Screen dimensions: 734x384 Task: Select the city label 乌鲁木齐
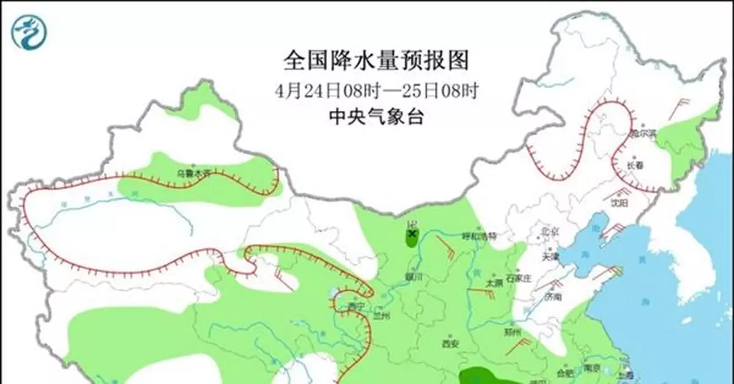coord(194,174)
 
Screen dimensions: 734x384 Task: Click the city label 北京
coord(550,231)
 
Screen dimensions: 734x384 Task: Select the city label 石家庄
coord(530,279)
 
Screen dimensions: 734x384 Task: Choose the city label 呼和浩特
coord(480,236)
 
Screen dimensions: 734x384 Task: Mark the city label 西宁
coord(355,306)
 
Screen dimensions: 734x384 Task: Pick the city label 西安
coord(450,344)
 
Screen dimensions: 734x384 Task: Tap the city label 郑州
coord(513,332)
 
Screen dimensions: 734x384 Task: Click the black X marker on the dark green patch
coord(412,233)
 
